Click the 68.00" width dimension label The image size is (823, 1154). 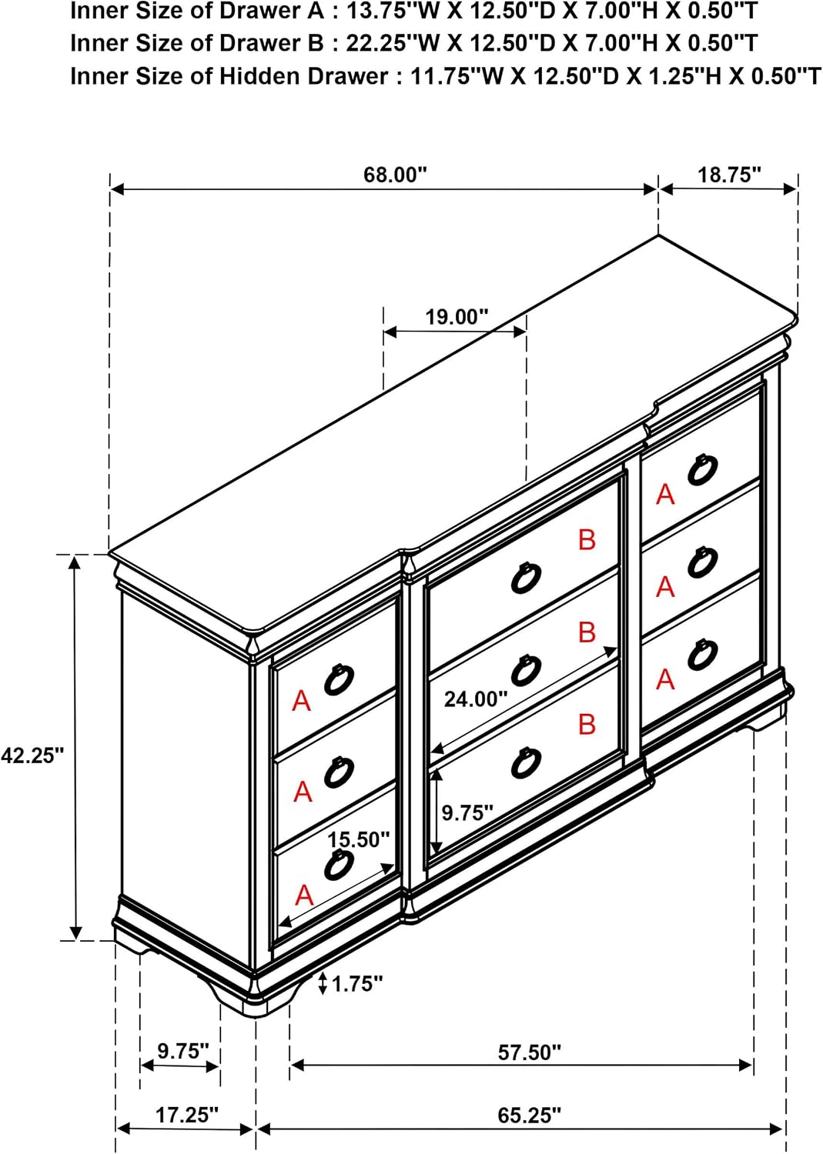(x=396, y=175)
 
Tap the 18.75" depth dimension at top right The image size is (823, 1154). (x=729, y=175)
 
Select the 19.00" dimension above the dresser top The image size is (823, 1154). (x=457, y=316)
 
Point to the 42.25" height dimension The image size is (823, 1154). (x=32, y=755)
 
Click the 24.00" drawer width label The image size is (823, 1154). (x=476, y=699)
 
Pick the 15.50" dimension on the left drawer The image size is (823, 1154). (x=359, y=840)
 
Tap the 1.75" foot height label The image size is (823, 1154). (x=357, y=985)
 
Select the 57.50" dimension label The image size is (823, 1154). (x=529, y=1052)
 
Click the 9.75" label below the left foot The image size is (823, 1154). (x=183, y=1051)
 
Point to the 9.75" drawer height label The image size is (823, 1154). (x=468, y=813)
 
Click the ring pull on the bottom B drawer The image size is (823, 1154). (x=526, y=762)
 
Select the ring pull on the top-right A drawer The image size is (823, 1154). (x=702, y=469)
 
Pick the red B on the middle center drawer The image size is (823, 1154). (x=587, y=632)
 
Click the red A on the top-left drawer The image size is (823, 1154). (x=302, y=701)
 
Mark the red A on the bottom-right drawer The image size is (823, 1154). (x=665, y=679)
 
